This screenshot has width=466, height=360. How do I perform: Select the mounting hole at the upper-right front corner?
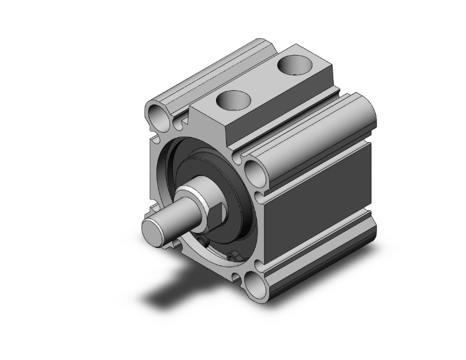(x=252, y=171)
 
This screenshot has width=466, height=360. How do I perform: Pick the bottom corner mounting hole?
(x=256, y=287)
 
